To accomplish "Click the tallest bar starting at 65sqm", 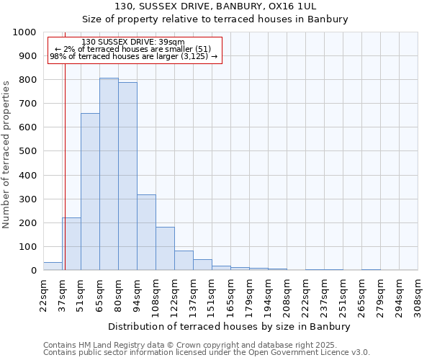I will pos(109,174).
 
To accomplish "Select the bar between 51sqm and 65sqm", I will pos(90,192).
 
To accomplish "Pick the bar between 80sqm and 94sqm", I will pos(127,176).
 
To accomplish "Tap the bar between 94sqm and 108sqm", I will pos(146,233).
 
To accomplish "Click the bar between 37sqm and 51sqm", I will pos(71,244).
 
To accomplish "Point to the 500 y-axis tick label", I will pos(27,151).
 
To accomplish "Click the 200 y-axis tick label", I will pos(27,223).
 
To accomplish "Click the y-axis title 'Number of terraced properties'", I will pos(6,154).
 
